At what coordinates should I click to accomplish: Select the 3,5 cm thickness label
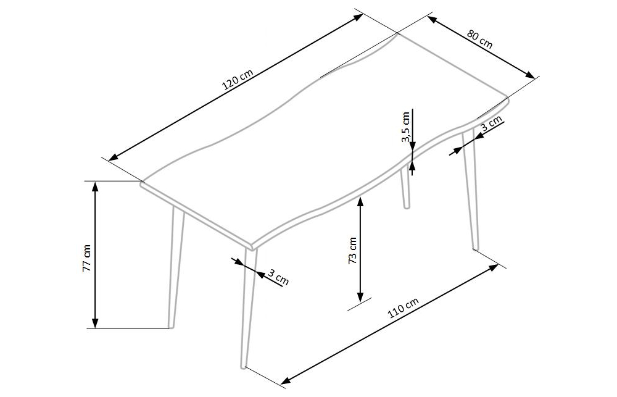[x=406, y=127]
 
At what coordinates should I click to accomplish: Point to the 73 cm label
[x=353, y=250]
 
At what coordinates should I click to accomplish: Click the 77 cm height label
[x=87, y=257]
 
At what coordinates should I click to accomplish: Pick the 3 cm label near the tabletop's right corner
[x=491, y=125]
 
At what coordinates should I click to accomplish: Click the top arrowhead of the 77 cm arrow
[x=95, y=185]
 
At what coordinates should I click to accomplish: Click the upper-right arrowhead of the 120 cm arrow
[x=360, y=16]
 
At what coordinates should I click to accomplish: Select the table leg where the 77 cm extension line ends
[x=173, y=278]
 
